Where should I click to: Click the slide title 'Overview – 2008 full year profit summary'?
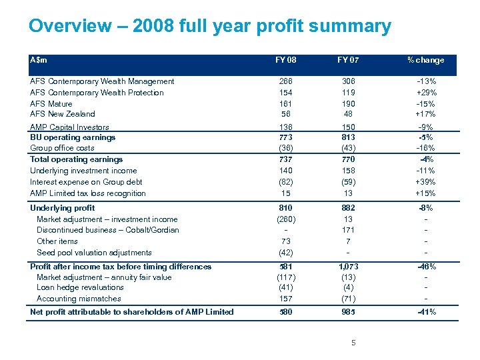click(209, 27)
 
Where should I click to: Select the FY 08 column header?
click(286, 60)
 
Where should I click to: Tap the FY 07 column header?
click(348, 60)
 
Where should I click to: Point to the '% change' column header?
click(425, 60)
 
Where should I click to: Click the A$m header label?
click(39, 59)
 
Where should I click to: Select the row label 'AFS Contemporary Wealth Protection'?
click(97, 93)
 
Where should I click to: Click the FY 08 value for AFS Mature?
click(286, 104)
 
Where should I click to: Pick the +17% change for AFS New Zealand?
click(425, 114)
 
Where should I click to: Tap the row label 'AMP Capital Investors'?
click(69, 127)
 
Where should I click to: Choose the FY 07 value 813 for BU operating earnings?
click(348, 137)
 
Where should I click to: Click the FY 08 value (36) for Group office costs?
click(286, 148)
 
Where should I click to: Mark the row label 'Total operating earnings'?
click(77, 159)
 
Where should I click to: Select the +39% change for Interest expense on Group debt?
click(425, 182)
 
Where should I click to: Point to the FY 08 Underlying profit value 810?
click(286, 208)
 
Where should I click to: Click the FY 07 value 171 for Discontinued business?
click(348, 230)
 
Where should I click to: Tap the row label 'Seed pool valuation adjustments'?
click(94, 253)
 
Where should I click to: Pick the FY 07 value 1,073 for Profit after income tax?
click(348, 267)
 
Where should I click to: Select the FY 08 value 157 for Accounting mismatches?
click(286, 299)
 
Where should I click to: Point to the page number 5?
click(354, 343)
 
